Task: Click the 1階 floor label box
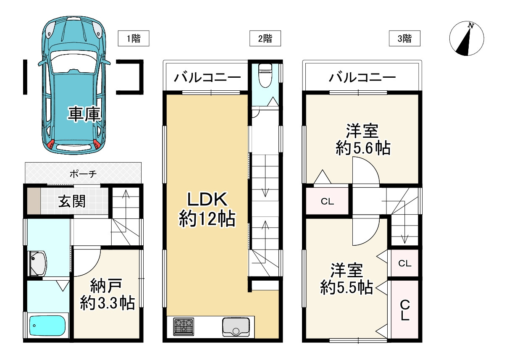pyautogui.click(x=134, y=39)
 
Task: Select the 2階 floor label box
pyautogui.click(x=265, y=39)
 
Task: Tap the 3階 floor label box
pyautogui.click(x=404, y=39)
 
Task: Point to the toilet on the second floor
pyautogui.click(x=265, y=76)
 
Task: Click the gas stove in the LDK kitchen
pyautogui.click(x=184, y=326)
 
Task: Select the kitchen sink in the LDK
pyautogui.click(x=235, y=326)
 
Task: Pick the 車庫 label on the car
pyautogui.click(x=85, y=114)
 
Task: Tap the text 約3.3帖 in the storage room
pyautogui.click(x=108, y=302)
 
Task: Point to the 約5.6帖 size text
pyautogui.click(x=362, y=148)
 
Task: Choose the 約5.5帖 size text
pyautogui.click(x=347, y=287)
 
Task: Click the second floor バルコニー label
pyautogui.click(x=207, y=78)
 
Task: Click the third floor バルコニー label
pyautogui.click(x=362, y=78)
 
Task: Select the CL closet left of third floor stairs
pyautogui.click(x=327, y=201)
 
